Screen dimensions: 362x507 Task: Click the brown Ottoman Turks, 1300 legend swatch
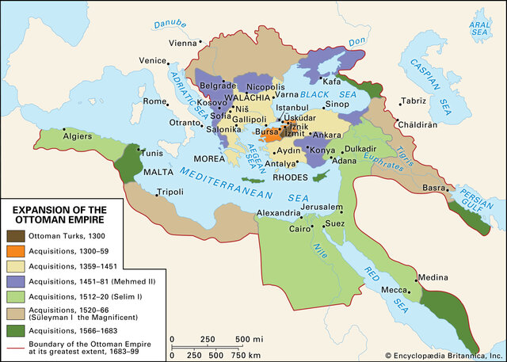pyautogui.click(x=14, y=235)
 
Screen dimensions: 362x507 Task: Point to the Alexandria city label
pyautogui.click(x=278, y=214)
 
